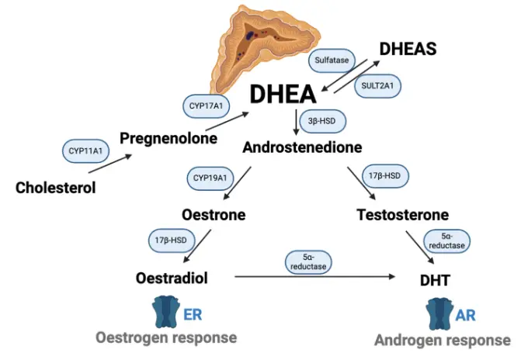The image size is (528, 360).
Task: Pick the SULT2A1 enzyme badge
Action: [377, 86]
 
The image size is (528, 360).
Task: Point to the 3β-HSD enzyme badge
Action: [321, 122]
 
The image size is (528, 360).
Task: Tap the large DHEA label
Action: [283, 95]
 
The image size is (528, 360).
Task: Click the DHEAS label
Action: [408, 48]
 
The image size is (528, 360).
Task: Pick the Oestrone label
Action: [214, 214]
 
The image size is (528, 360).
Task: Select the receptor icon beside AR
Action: [439, 313]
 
